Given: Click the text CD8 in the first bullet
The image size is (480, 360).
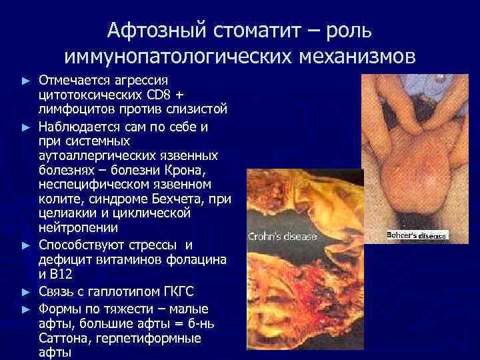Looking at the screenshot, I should pos(185,93).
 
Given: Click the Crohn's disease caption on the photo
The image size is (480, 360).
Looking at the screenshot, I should pos(283,236).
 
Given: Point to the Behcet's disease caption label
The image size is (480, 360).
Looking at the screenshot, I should pos(417,235).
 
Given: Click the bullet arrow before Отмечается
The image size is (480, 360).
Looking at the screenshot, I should pos(26,80).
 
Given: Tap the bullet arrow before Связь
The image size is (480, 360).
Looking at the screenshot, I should pos(26,291).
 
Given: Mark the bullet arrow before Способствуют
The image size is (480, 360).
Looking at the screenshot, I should pos(26,245).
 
